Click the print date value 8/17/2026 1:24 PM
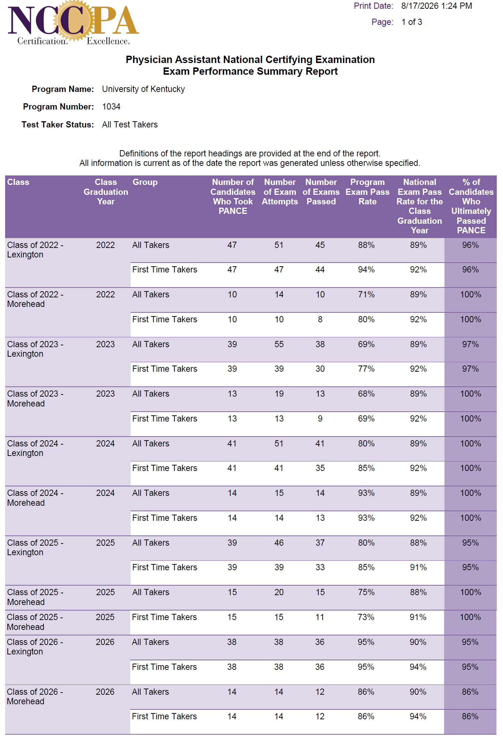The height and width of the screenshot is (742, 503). pos(436,6)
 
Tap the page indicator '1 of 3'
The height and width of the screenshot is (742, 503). pos(412,22)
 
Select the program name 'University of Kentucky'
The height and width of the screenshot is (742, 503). pos(143,89)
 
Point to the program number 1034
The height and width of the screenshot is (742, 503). pos(111,107)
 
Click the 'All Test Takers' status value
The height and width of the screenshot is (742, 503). pos(130,125)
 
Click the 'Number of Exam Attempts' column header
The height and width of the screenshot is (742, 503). pos(280,192)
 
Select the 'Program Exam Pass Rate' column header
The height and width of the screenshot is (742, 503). pos(367,192)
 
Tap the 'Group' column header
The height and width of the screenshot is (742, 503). pos(145,182)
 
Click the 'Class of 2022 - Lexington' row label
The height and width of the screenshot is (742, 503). pos(35,250)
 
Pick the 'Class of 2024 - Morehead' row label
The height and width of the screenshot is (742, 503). pos(35,498)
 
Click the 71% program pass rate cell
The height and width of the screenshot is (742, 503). pos(366,294)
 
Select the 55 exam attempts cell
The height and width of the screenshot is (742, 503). pos(279,344)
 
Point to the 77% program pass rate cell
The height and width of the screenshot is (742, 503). pos(366,369)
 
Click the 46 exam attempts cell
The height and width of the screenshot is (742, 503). pos(279,543)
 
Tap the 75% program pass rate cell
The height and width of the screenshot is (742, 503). pos(366,592)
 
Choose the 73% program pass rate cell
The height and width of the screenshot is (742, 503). pos(366,617)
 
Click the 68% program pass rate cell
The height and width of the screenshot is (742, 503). pos(366,394)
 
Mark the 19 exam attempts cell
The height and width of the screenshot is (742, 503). pos(279,394)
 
